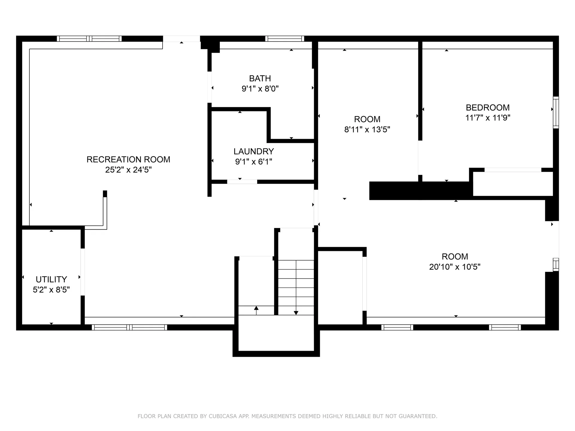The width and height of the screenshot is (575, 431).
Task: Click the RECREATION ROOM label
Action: (x=128, y=160)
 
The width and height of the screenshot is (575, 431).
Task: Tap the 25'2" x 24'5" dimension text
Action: (x=128, y=170)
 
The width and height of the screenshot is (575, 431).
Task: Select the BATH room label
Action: (x=260, y=78)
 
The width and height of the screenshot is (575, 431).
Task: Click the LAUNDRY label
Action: (x=254, y=151)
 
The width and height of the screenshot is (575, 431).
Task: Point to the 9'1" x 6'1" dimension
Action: (x=254, y=162)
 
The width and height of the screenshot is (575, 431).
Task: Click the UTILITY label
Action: (x=51, y=280)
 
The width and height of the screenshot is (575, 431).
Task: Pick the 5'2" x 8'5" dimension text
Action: (x=51, y=290)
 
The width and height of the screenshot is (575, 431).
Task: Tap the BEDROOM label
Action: (x=488, y=107)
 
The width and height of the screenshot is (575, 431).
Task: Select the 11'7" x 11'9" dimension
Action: (x=488, y=118)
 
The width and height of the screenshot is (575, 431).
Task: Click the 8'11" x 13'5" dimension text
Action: (x=367, y=130)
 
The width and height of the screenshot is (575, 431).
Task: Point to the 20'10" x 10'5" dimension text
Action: (x=455, y=267)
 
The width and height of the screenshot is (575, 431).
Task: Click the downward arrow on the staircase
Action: (x=296, y=312)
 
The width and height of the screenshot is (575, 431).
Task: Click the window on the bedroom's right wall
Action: (x=556, y=113)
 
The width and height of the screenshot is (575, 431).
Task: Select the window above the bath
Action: (x=285, y=39)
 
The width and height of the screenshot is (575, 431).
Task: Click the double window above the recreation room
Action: (x=89, y=39)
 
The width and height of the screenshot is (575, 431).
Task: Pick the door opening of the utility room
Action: (x=83, y=272)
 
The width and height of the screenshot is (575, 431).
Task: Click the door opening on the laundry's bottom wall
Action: (x=242, y=182)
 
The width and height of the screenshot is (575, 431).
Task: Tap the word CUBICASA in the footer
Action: (x=223, y=416)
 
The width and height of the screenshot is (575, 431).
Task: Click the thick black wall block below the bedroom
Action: (x=419, y=191)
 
